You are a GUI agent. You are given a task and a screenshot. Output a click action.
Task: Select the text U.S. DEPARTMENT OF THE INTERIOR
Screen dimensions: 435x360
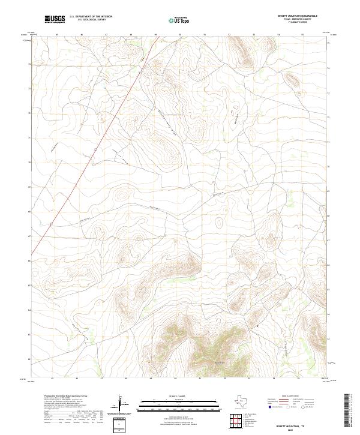pos(91,17)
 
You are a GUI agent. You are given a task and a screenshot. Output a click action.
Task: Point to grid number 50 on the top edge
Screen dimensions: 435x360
pos(179,35)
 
